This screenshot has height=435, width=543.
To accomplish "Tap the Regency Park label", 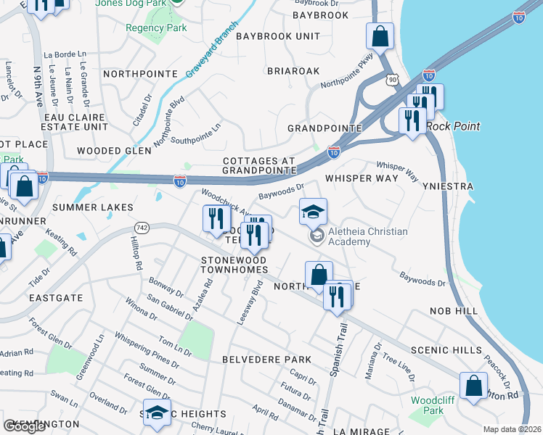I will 156,28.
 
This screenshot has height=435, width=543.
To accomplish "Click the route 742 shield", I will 142,228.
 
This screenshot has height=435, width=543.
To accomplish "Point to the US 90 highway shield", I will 393,79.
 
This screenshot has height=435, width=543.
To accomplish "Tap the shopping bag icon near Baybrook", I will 380,35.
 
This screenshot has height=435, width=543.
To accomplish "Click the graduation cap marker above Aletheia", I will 313,212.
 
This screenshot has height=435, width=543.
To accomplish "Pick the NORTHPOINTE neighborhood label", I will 140,74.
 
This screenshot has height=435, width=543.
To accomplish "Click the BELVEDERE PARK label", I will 266,360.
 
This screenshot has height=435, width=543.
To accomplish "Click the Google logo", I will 24,426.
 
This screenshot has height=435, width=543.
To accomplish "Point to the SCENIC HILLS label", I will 446,349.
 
